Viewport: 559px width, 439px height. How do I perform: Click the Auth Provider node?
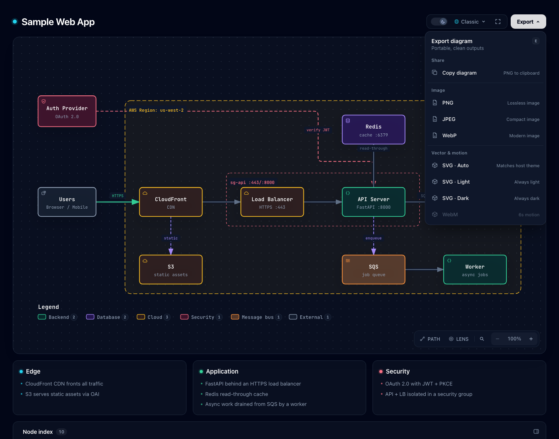coord(67,111)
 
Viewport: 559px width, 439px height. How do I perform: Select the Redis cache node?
coord(373,130)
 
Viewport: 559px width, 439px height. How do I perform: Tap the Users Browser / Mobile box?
coord(67,202)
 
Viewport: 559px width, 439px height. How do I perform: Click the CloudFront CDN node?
coord(171,202)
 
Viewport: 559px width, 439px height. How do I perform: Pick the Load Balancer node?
coord(272,202)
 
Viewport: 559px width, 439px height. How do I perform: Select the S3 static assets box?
coord(171,270)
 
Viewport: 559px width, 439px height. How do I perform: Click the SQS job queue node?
coord(373,270)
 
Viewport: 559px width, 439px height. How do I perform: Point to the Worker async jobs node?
coord(475,270)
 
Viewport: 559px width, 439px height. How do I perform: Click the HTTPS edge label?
coord(117,196)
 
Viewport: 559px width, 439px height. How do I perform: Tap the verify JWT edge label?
coord(318,130)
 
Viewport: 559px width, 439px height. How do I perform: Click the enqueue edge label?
coord(373,238)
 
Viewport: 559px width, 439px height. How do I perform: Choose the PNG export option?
coord(486,103)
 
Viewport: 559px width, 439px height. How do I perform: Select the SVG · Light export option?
coord(486,182)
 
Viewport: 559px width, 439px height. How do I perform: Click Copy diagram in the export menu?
coord(486,73)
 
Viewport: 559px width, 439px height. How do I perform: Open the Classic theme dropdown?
coord(470,22)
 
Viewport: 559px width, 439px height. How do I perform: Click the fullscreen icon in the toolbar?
coord(498,22)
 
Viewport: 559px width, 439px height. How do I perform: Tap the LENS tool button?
coord(459,339)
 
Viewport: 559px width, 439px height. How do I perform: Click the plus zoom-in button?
coord(531,339)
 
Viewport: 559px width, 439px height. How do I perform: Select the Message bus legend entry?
coord(256,317)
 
